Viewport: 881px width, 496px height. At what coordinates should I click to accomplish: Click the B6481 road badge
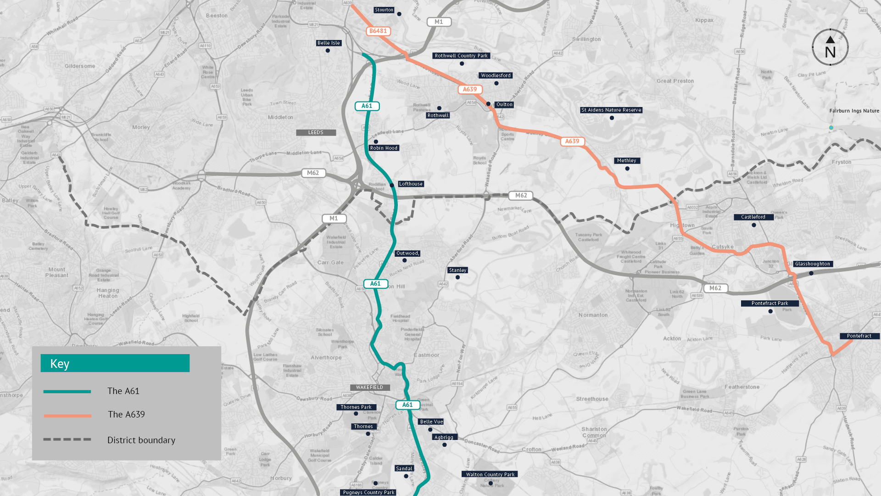(378, 31)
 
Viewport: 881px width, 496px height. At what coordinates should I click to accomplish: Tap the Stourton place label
(384, 10)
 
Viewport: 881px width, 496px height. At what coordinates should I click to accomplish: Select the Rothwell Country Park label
(461, 56)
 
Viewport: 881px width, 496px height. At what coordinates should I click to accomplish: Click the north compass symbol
(830, 47)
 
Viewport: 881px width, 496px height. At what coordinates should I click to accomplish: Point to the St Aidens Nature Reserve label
(611, 110)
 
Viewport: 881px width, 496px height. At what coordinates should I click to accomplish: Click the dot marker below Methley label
(627, 169)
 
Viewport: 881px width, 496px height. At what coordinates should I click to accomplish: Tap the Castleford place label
(753, 217)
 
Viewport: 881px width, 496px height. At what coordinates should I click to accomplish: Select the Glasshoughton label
(813, 264)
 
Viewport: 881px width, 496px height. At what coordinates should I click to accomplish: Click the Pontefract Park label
(769, 304)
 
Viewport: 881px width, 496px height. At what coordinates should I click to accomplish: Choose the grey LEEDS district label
(316, 133)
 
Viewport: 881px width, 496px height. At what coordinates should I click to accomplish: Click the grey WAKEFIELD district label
(369, 388)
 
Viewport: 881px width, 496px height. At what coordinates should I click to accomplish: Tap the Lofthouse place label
(411, 184)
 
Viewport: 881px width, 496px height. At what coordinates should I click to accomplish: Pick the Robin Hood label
(384, 148)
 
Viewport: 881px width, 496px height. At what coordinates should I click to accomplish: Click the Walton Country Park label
(490, 474)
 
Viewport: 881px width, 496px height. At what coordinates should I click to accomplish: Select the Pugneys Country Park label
(368, 492)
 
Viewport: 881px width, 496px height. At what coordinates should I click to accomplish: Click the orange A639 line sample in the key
(67, 416)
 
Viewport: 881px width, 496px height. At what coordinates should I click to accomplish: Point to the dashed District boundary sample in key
(67, 440)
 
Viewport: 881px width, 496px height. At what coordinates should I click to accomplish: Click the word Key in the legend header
(60, 364)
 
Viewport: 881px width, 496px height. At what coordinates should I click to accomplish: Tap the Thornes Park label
(356, 407)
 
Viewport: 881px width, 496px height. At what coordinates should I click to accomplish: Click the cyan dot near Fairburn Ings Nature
(831, 128)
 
